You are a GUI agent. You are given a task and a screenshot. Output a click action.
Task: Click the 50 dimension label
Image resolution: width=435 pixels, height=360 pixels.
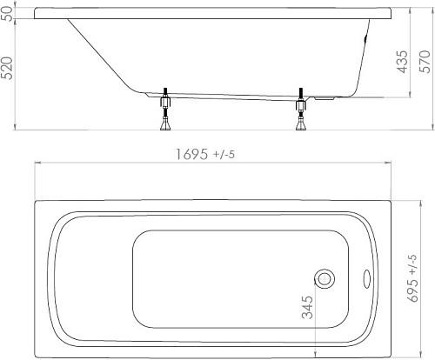(8, 13)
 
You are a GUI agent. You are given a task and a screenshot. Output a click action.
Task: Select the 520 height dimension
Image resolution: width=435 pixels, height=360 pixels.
(7, 68)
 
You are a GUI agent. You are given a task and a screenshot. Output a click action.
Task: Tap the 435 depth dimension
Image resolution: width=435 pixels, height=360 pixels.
(402, 62)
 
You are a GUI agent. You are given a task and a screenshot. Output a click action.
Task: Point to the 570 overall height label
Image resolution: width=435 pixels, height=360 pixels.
(425, 62)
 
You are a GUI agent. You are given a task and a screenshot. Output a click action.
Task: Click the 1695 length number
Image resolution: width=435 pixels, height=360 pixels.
(191, 154)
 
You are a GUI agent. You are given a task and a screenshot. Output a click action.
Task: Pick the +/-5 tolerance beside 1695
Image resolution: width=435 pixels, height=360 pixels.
(224, 155)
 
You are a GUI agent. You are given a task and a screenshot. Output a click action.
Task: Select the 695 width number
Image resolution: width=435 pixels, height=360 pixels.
(413, 290)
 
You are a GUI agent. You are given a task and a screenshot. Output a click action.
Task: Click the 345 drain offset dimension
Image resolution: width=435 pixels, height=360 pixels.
(307, 307)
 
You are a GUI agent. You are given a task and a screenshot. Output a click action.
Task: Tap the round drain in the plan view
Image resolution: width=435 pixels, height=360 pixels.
(325, 279)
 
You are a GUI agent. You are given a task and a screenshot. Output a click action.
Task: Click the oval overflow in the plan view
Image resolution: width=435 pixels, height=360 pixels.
(367, 279)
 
